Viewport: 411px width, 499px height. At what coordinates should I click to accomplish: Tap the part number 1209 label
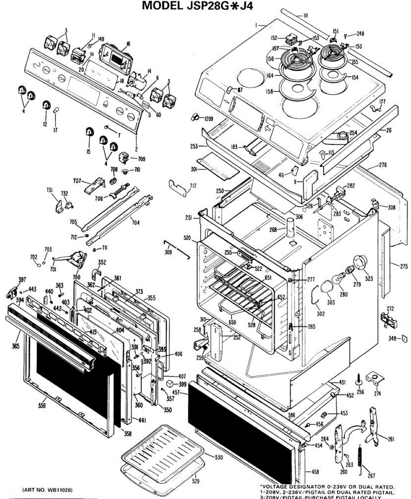209,119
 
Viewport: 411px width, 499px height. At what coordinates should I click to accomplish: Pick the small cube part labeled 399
169,383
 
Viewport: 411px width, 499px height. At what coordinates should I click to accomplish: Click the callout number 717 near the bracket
193,185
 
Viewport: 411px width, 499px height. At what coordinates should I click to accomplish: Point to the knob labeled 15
88,132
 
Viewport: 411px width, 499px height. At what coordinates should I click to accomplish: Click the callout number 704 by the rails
136,222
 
